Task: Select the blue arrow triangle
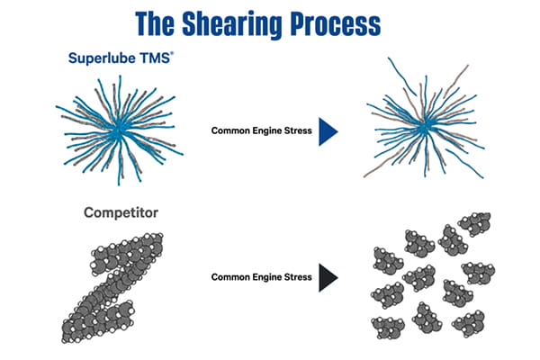coord(328,130)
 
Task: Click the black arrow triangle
coord(328,277)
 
